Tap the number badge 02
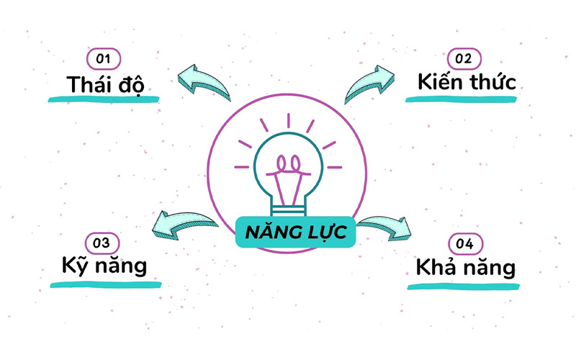[x=465, y=58]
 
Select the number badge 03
[x=103, y=243]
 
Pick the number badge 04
[x=465, y=244]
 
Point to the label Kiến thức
[x=467, y=82]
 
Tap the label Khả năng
[x=466, y=268]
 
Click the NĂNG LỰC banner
[x=295, y=233]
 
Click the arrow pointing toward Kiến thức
[x=370, y=84]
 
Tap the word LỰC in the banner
[x=322, y=233]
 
